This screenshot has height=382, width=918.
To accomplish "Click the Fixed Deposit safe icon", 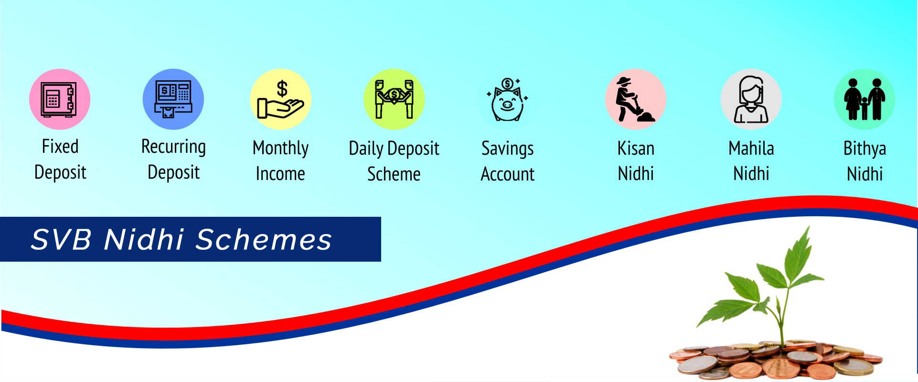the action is coord(60,99).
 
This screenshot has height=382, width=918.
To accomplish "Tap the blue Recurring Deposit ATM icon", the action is coord(173,99).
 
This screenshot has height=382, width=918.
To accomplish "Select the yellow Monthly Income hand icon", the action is coord(281,99).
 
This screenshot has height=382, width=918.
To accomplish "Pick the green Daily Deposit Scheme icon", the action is coord(394,99).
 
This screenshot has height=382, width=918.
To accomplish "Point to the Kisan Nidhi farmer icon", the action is coord(636,99).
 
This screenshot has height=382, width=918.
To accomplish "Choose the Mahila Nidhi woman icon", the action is coord(751,99).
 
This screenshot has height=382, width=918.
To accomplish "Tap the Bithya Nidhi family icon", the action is coord(865,99).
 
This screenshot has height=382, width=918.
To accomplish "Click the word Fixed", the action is coord(60,147).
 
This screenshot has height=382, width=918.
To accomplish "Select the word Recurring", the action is coord(173,148).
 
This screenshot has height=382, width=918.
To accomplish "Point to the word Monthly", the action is coord(280,149).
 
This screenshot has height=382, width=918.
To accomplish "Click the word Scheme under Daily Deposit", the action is coord(394,174).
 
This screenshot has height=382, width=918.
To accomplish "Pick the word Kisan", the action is coord(636,149).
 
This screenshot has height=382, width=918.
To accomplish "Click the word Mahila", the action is coord(751,149).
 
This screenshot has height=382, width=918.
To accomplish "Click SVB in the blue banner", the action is coord(61,239).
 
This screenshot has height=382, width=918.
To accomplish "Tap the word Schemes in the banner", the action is coord(264,239).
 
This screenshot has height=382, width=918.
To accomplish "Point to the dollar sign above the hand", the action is coord(282,89).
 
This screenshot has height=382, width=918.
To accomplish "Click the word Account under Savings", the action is coord(507,174).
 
